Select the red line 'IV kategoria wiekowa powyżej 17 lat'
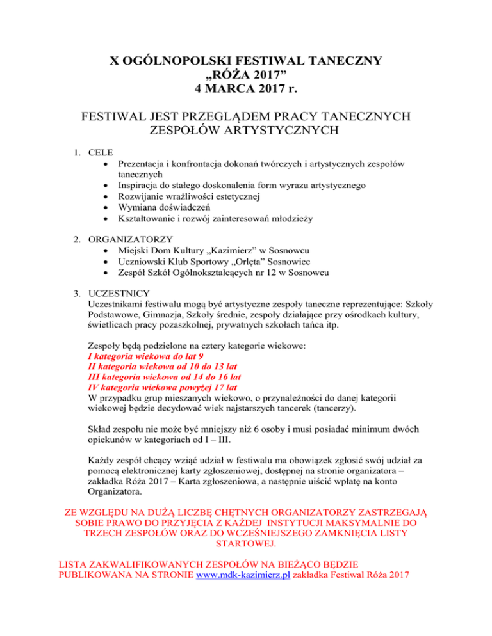click(x=162, y=388)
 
